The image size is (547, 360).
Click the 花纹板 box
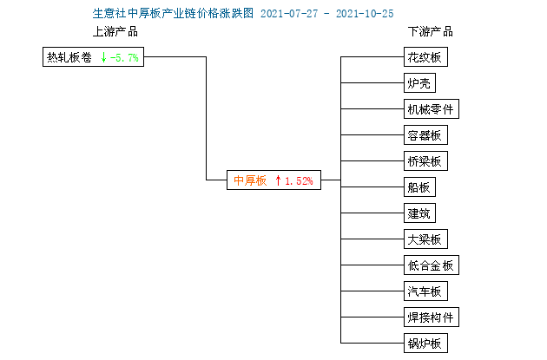pos(425,56)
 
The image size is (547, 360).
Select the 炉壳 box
pos(419,83)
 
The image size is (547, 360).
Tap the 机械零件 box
pos(432,108)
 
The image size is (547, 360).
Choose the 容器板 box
pos(425,134)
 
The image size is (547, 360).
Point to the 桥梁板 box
pos(425,160)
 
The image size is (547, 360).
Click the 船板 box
pos(419,187)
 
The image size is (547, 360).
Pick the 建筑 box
pos(419,213)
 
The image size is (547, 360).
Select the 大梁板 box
pos(425,239)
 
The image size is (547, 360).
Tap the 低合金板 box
pos(432,265)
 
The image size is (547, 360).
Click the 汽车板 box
pos(425,291)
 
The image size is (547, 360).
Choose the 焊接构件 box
pos(432,317)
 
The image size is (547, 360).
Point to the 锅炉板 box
pos(425,343)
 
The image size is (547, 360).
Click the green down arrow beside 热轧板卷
pos(103,57)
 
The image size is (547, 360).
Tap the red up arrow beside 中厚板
pos(278,180)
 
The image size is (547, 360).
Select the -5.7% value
pos(124,57)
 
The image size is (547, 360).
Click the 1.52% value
pos(299,180)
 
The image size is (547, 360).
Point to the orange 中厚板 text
pos(250,180)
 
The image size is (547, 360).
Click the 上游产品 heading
pos(115,31)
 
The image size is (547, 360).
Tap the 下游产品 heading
pos(431,31)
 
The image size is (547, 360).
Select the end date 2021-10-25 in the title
pos(365,14)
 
